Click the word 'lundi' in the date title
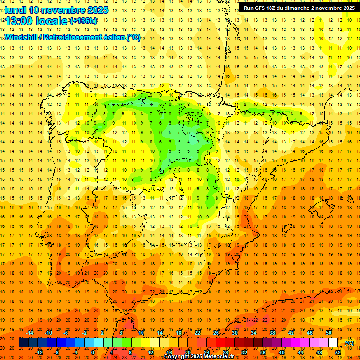(x=15, y=10)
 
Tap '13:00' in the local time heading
(x=19, y=21)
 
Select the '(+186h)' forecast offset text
(x=83, y=21)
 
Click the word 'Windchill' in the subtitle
(x=21, y=37)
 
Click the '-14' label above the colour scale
(x=30, y=333)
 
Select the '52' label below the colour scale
(x=338, y=352)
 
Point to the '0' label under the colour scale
(x=93, y=352)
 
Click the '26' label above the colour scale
(x=216, y=333)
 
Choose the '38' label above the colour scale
(x=272, y=333)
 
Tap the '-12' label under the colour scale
(x=39, y=352)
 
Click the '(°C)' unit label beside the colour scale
(x=349, y=343)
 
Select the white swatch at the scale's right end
(x=333, y=343)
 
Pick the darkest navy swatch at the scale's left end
(x=23, y=343)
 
